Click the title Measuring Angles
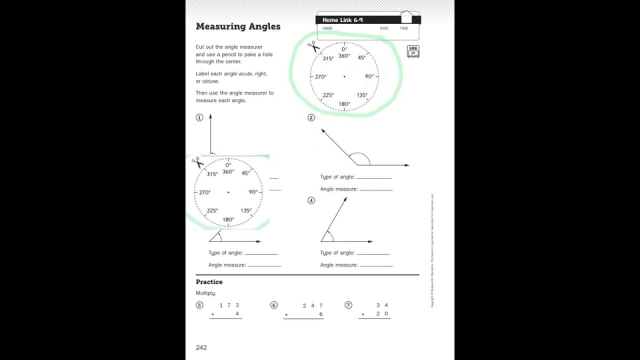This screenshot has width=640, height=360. click(238, 26)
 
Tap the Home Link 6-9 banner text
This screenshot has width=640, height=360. click(342, 20)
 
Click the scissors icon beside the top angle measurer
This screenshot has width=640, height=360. click(313, 47)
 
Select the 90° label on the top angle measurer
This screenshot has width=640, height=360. click(369, 76)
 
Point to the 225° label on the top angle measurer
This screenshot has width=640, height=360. click(328, 95)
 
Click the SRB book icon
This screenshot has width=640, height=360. click(413, 51)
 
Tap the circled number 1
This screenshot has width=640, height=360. click(199, 117)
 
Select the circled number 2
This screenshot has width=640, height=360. click(311, 117)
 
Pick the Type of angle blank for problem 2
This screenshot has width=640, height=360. click(373, 177)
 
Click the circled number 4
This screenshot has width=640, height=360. click(311, 200)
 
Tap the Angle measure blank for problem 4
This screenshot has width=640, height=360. click(375, 265)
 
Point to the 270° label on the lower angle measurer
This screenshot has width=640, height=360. click(205, 192)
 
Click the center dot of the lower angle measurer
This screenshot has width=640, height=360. click(228, 192)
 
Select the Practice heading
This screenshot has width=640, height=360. click(209, 282)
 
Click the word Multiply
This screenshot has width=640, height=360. click(205, 293)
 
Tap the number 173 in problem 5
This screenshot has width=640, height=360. click(229, 305)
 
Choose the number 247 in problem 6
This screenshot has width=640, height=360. click(312, 305)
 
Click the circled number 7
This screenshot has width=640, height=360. click(348, 305)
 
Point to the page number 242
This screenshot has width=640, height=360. click(201, 347)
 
